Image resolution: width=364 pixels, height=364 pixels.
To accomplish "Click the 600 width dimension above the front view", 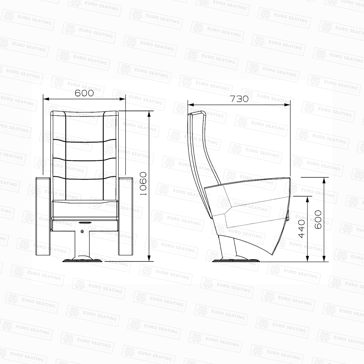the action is (x=84, y=93).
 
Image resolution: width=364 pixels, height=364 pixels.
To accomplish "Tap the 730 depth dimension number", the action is (x=239, y=99).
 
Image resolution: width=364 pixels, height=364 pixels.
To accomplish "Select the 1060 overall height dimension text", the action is (x=143, y=183).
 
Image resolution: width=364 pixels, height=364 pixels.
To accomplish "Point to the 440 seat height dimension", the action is (x=302, y=229).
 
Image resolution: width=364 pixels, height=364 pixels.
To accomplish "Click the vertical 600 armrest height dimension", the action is (x=318, y=219).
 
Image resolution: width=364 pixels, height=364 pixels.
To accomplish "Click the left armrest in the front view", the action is (x=43, y=216).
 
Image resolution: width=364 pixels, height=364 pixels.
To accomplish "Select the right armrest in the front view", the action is (x=126, y=216).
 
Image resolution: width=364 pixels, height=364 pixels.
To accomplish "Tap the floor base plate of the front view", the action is (x=83, y=260).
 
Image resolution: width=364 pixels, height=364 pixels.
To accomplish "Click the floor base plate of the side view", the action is (x=236, y=260).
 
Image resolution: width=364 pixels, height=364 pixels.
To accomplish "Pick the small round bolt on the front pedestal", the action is (x=82, y=231).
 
